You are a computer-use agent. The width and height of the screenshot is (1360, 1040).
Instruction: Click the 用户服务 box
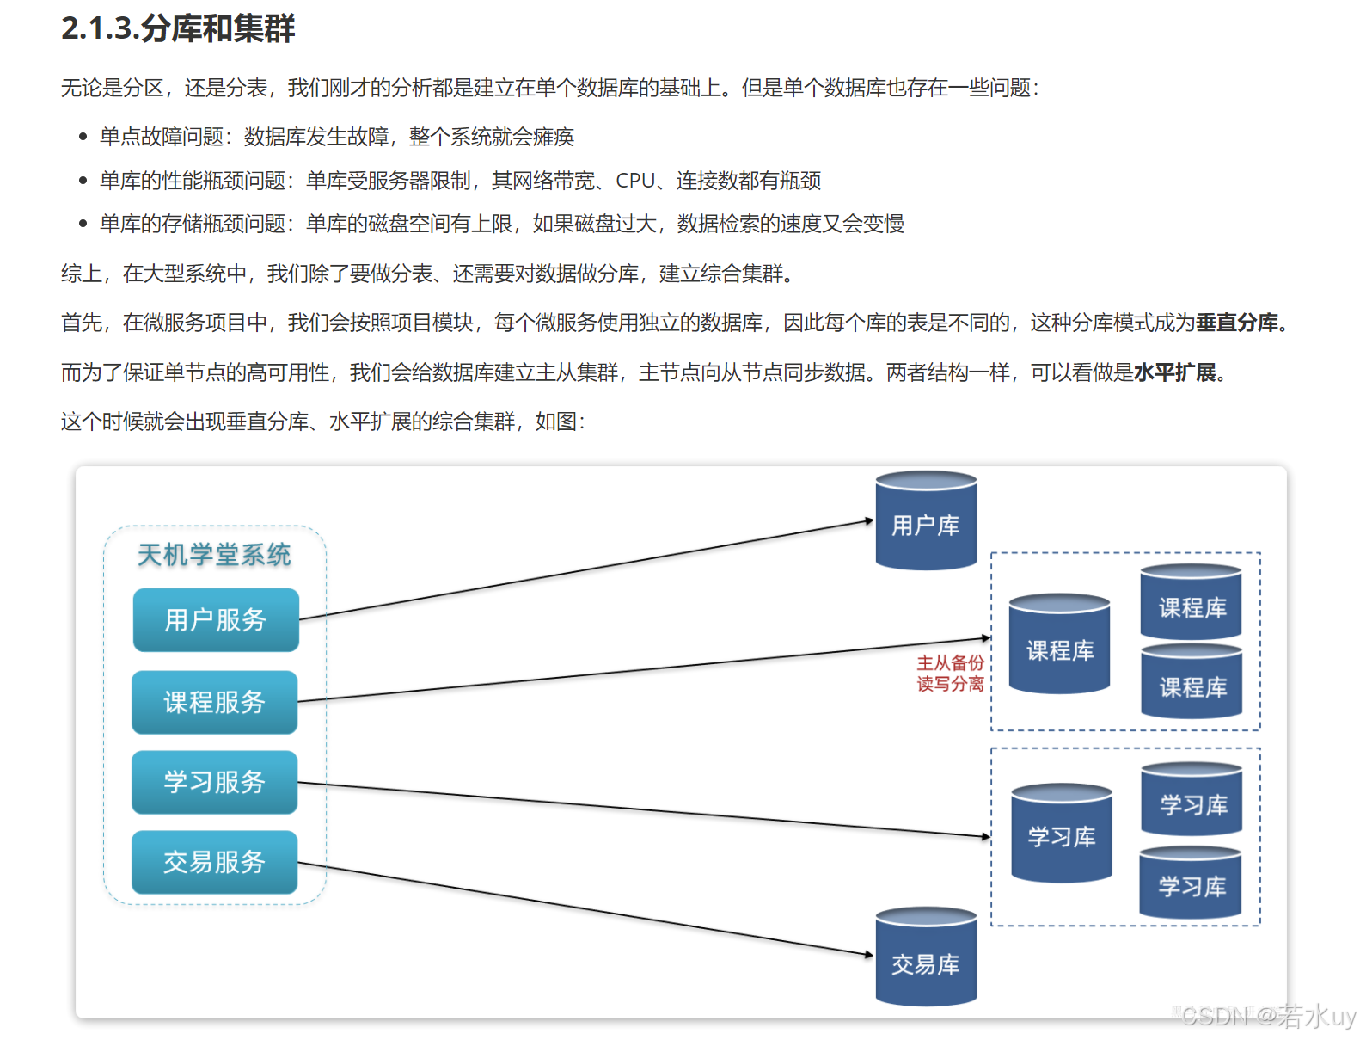point(216,619)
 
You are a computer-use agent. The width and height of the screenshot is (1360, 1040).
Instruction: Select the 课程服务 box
point(214,702)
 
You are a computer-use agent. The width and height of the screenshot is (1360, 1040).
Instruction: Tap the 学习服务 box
point(214,782)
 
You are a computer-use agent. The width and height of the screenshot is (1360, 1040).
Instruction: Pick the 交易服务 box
point(214,862)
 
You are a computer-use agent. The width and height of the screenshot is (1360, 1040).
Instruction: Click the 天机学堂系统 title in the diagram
point(214,555)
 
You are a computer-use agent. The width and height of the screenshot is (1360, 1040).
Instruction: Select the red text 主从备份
point(950,662)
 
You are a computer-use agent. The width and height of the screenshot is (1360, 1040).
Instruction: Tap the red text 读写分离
point(950,684)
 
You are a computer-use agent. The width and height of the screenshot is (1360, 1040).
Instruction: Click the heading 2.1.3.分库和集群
point(178,28)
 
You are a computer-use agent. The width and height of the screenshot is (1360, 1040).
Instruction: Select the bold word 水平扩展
point(1175,372)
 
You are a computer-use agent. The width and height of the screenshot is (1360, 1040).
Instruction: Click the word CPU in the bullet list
point(635,181)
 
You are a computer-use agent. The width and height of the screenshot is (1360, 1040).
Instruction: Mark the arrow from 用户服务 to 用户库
point(585,570)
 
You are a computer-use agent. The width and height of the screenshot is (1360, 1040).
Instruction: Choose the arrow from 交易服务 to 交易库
point(585,908)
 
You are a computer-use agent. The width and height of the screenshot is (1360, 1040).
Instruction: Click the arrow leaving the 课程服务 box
point(645,670)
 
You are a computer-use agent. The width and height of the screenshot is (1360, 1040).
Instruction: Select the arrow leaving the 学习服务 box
point(645,809)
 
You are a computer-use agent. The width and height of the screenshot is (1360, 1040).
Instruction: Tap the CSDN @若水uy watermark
point(1268,1017)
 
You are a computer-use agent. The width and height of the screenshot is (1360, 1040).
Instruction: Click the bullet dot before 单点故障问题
point(83,137)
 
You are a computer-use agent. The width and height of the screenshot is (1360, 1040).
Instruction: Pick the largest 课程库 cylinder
point(1059,645)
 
